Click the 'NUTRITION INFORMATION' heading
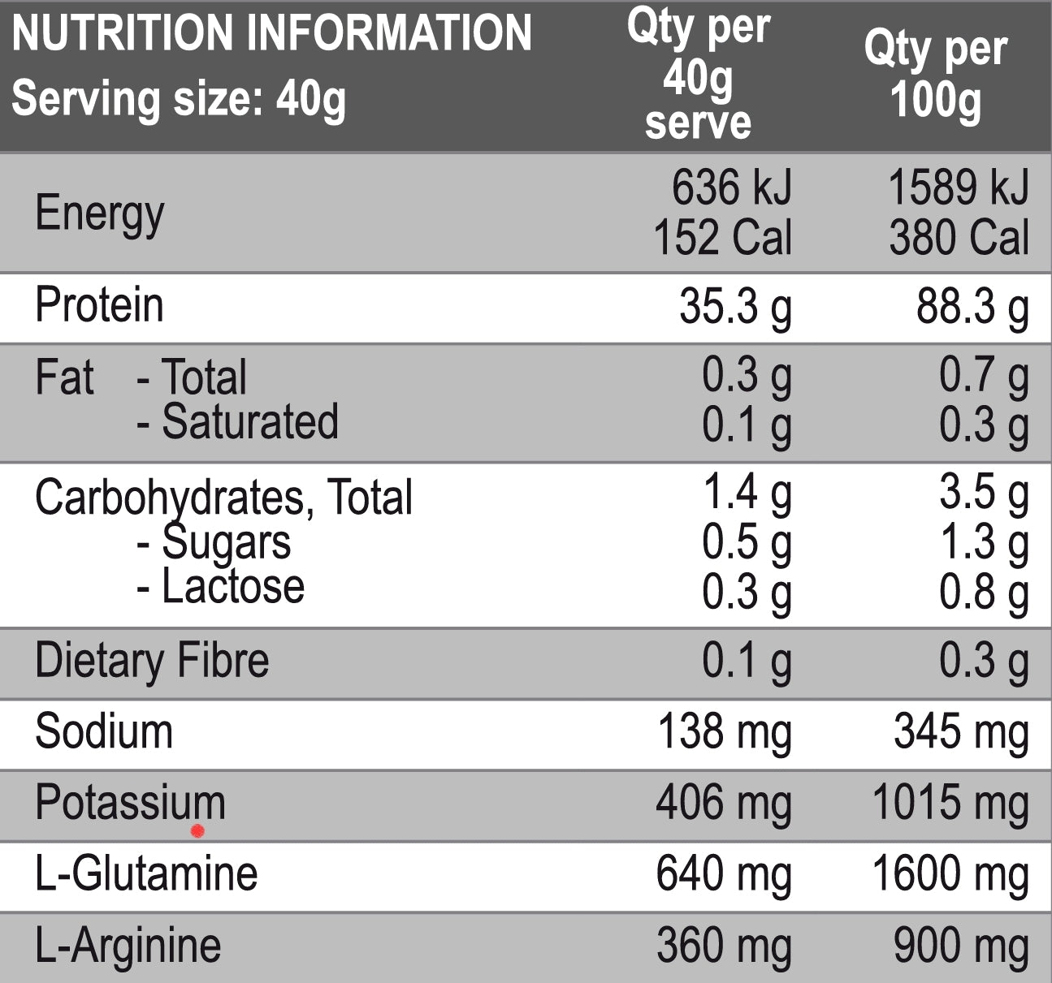(x=271, y=33)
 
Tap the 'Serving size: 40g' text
(x=179, y=99)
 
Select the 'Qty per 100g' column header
(x=935, y=75)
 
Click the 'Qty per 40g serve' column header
(x=698, y=75)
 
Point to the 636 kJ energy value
(x=731, y=188)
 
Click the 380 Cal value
(x=959, y=238)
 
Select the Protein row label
(x=99, y=306)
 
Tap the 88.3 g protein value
(x=972, y=308)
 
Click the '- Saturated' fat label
(x=237, y=422)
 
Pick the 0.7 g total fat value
(x=984, y=375)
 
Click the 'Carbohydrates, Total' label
(x=223, y=497)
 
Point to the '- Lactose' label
(x=221, y=586)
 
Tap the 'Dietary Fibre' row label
(x=152, y=660)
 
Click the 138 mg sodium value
(x=724, y=731)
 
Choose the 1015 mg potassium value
(x=950, y=803)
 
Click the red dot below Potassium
(x=197, y=831)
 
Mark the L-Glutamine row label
(x=146, y=874)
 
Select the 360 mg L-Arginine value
(x=724, y=946)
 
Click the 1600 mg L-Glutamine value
(x=950, y=874)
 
